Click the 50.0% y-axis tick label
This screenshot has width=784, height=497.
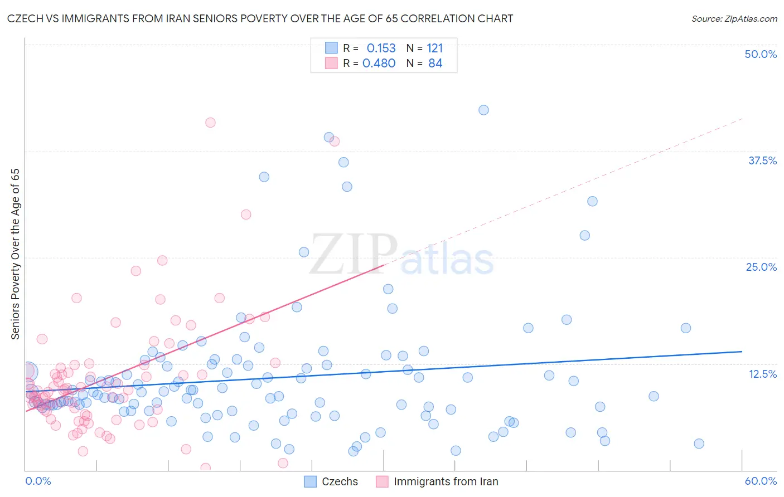pos(761,54)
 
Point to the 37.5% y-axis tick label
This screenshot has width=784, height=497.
pos(762,160)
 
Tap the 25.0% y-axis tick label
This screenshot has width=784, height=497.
pos(761,267)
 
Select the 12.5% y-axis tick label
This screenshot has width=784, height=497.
pos(762,374)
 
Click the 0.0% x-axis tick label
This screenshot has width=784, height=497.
pos(38,481)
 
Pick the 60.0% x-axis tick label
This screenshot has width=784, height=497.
pos(761,481)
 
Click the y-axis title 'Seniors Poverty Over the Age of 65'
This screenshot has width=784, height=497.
pos(15,254)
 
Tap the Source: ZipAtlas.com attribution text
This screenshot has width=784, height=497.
pos(734,18)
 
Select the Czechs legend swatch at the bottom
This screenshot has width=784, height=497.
pos(311,481)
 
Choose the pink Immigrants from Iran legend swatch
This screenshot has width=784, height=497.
pos(382,481)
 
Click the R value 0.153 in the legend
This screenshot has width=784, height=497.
pos(381,48)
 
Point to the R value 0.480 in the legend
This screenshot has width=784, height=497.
pos(379,64)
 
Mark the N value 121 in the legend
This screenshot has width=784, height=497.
pos(434,48)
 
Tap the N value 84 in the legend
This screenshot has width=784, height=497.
pos(435,64)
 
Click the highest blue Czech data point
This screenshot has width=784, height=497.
pos(483,110)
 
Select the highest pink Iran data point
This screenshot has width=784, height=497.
pos(210,123)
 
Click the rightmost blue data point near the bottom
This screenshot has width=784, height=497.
pos(699,444)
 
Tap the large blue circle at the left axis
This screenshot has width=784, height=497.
pos(28,371)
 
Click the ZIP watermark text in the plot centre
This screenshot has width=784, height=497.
pos(354,255)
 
